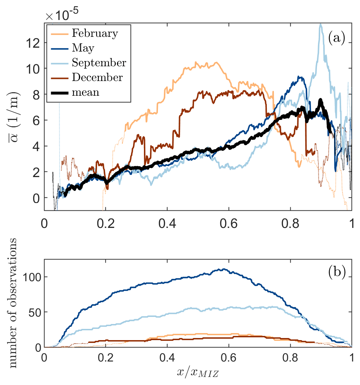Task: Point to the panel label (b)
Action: (337, 272)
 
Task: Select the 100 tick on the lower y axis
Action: (30, 277)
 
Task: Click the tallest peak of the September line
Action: (320, 24)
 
